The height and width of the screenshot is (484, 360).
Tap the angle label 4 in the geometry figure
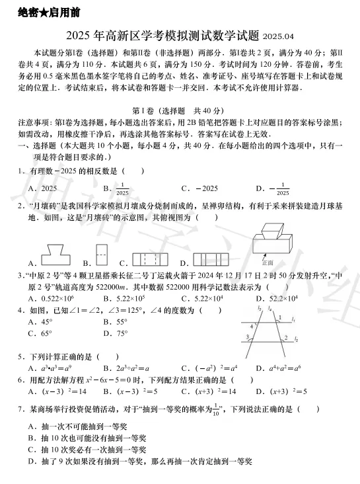coord(252,326)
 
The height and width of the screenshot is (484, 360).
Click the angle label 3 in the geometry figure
coord(247,338)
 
